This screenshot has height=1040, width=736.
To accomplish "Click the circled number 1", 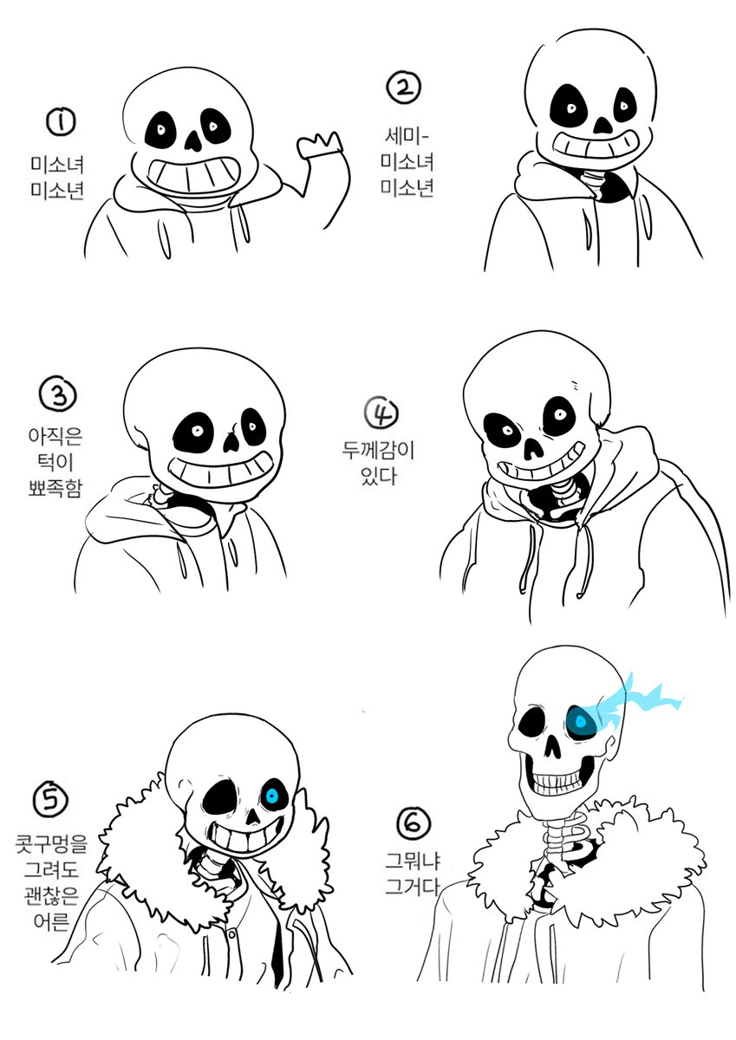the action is (61, 121).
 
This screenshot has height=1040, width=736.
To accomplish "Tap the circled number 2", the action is (404, 88).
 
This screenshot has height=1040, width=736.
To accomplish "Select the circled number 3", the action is (57, 395).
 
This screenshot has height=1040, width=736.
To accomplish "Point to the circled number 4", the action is (381, 413).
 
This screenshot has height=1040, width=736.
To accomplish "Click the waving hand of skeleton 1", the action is (320, 145).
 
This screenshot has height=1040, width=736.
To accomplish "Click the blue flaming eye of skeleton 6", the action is (581, 720).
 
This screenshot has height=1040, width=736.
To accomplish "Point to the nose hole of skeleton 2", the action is (603, 124).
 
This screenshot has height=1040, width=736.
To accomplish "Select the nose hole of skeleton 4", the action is (534, 448).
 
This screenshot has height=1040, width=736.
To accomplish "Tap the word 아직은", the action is (55, 435).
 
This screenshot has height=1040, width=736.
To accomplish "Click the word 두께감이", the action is (377, 450).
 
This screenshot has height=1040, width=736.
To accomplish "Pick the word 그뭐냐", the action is (413, 861).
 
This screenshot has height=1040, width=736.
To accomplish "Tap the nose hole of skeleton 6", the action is (553, 746).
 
